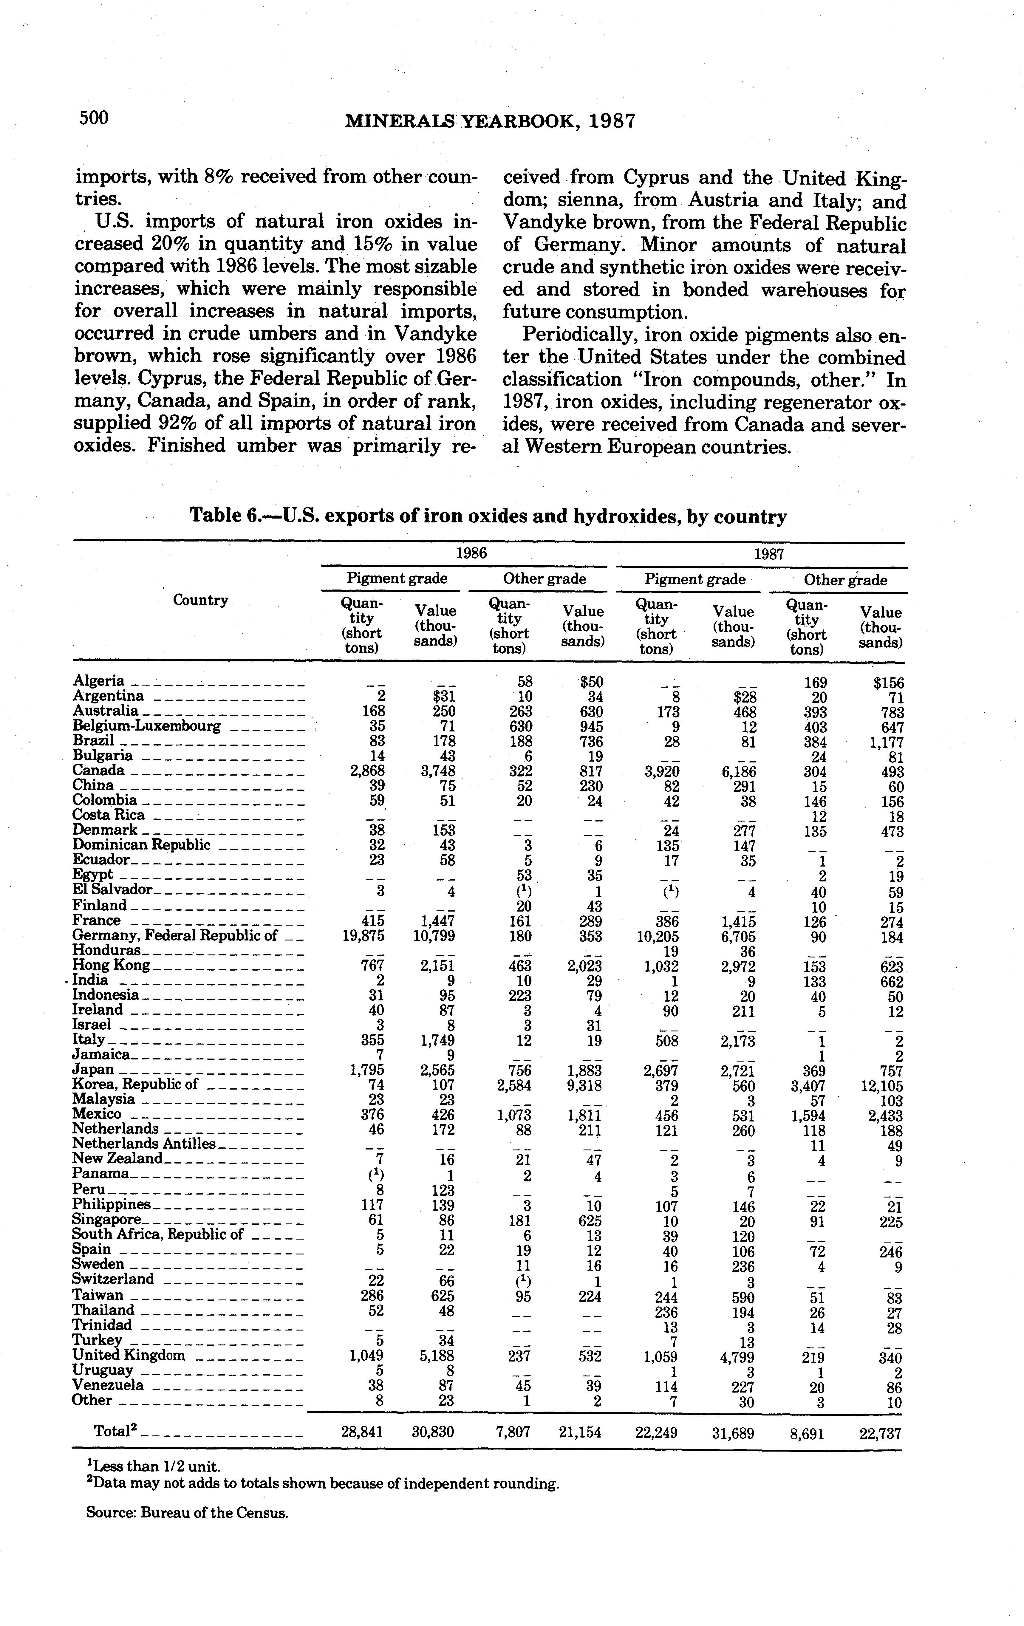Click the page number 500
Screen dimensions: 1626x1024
(x=94, y=118)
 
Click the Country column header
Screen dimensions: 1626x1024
(x=201, y=600)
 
